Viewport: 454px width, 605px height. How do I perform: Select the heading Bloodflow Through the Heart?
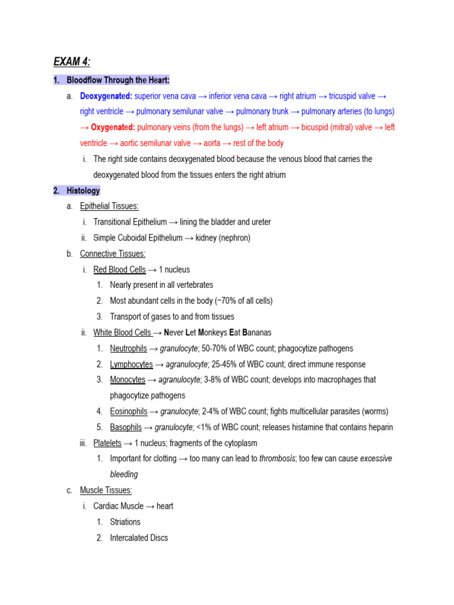[x=118, y=80]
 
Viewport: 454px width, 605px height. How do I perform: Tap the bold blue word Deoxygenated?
[x=106, y=96]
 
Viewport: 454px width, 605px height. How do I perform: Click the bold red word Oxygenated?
[x=113, y=127]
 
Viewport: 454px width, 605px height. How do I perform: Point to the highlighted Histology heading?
[x=83, y=190]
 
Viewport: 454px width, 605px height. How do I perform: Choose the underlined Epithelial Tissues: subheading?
[x=109, y=206]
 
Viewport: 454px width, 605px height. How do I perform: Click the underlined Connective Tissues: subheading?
[x=112, y=253]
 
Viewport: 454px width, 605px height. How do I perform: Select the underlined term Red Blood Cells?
[x=119, y=269]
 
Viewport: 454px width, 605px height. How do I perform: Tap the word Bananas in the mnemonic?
[x=255, y=333]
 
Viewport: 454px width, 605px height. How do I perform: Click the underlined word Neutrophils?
[x=128, y=349]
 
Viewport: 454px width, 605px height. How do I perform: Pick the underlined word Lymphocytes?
[x=131, y=365]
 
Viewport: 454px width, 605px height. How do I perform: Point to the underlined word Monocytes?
[x=127, y=380]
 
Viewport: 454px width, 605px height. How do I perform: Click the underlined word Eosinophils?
[x=128, y=411]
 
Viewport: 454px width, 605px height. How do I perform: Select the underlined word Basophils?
[x=126, y=427]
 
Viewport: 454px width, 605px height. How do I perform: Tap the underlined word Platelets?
[x=107, y=443]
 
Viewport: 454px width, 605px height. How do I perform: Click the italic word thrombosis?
[x=277, y=458]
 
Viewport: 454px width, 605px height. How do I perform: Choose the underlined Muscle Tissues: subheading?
[x=106, y=490]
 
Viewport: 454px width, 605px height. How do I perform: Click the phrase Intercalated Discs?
[x=139, y=538]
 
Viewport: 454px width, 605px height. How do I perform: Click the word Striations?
[x=125, y=522]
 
